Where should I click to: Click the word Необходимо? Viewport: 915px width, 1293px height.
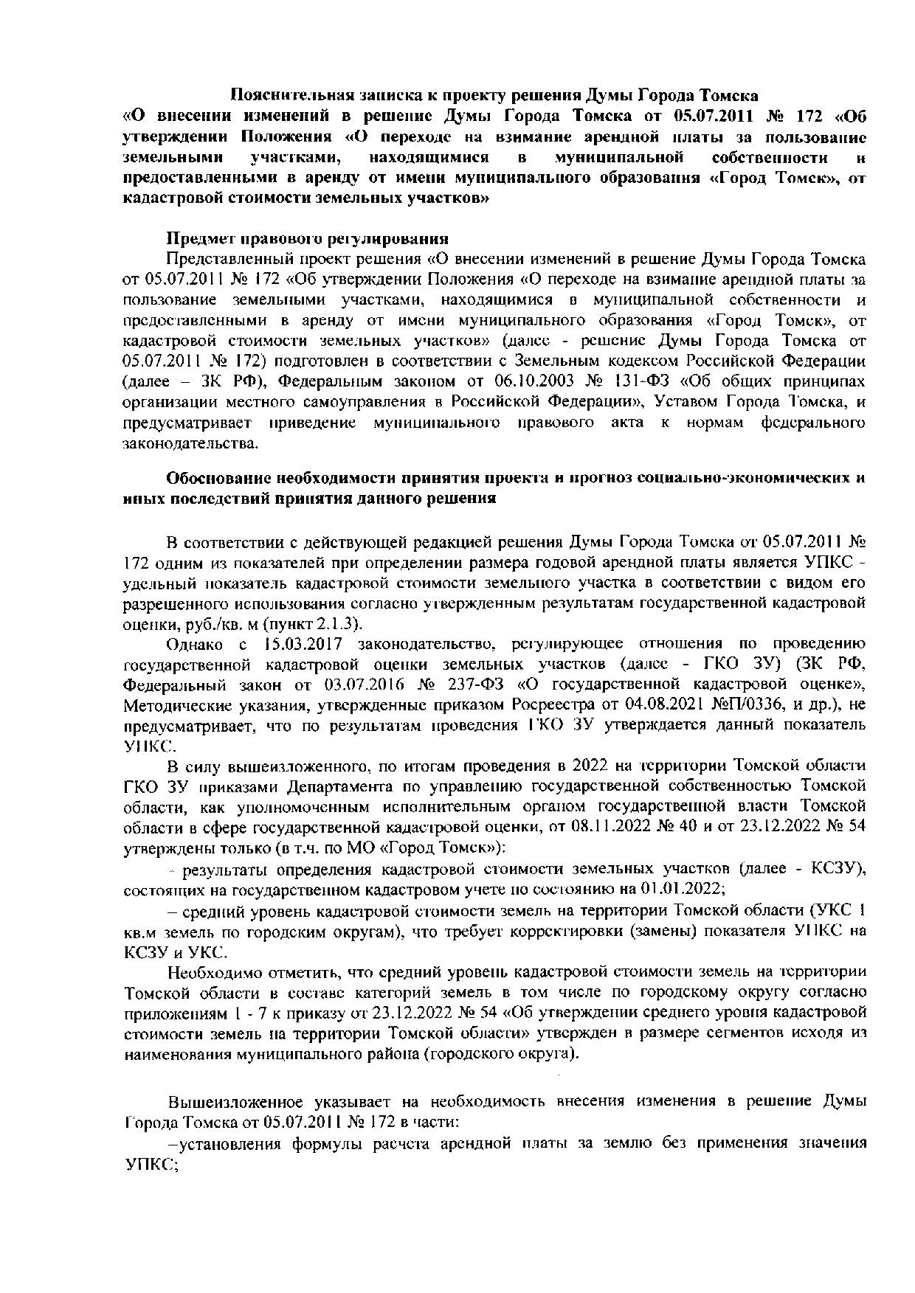pos(210,971)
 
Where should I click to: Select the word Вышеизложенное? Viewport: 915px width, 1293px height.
pos(235,1102)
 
